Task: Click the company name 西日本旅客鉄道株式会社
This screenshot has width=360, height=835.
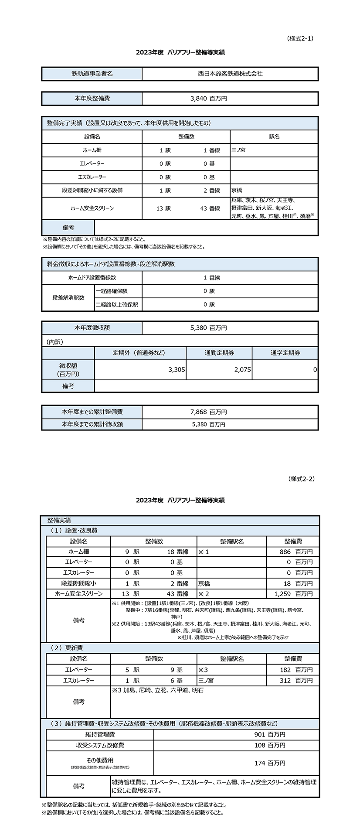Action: pyautogui.click(x=230, y=74)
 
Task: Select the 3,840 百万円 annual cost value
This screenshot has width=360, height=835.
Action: pyautogui.click(x=208, y=99)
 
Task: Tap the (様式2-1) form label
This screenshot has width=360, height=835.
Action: pyautogui.click(x=300, y=38)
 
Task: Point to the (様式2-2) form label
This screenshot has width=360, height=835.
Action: pyautogui.click(x=301, y=479)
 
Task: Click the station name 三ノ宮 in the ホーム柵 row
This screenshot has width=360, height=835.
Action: pyautogui.click(x=238, y=150)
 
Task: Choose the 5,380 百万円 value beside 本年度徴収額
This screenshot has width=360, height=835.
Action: pyautogui.click(x=208, y=328)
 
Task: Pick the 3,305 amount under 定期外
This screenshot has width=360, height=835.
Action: pyautogui.click(x=177, y=369)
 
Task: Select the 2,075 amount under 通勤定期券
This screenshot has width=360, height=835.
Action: pyautogui.click(x=242, y=369)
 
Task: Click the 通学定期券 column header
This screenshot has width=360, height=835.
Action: pyautogui.click(x=285, y=353)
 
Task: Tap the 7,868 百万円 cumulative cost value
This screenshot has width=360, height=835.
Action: pyautogui.click(x=208, y=412)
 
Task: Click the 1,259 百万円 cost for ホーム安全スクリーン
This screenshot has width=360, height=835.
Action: pyautogui.click(x=293, y=594)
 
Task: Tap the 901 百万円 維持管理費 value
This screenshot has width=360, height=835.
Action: pyautogui.click(x=270, y=735)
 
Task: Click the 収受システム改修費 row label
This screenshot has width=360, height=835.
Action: pyautogui.click(x=100, y=745)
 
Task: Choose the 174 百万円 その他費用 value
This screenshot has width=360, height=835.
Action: pyautogui.click(x=270, y=763)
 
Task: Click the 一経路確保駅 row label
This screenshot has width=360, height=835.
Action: pyautogui.click(x=112, y=291)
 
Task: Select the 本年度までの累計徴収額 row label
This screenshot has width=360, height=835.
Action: pyautogui.click(x=92, y=424)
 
